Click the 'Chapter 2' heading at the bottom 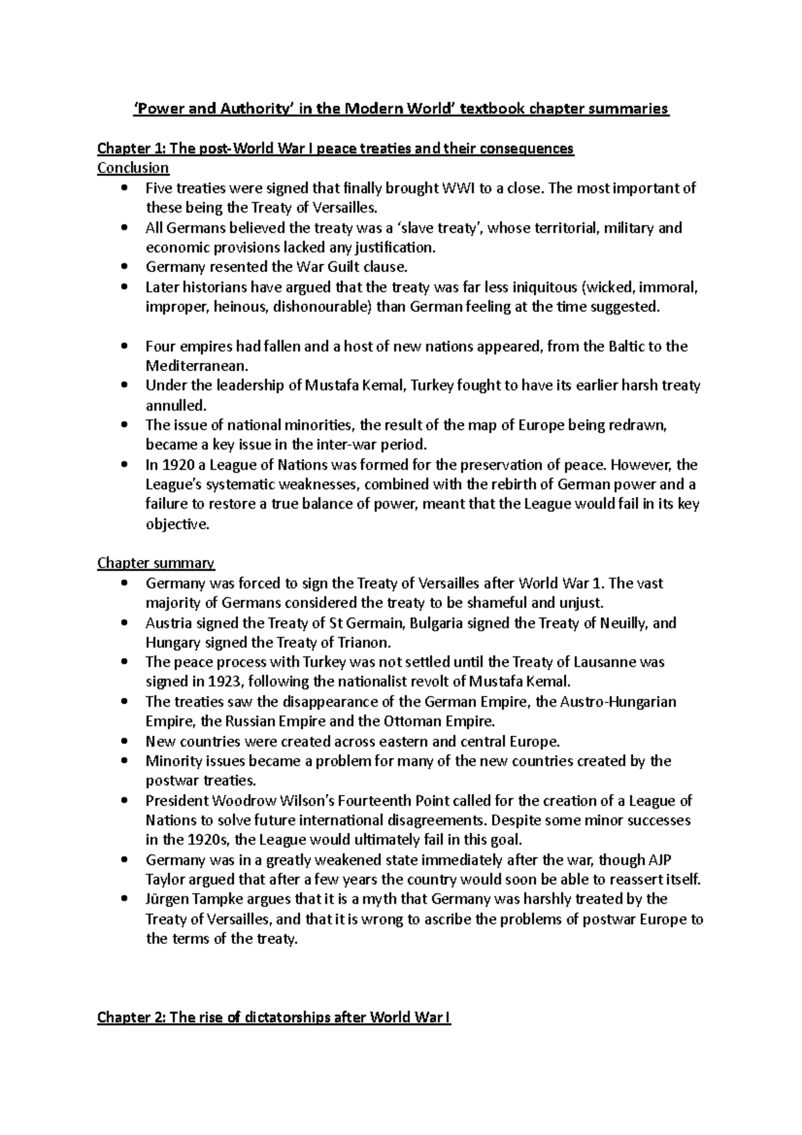274,1018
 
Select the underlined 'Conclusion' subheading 133,168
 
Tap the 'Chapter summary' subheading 156,563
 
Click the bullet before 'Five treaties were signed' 124,188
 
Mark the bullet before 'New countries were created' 124,742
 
